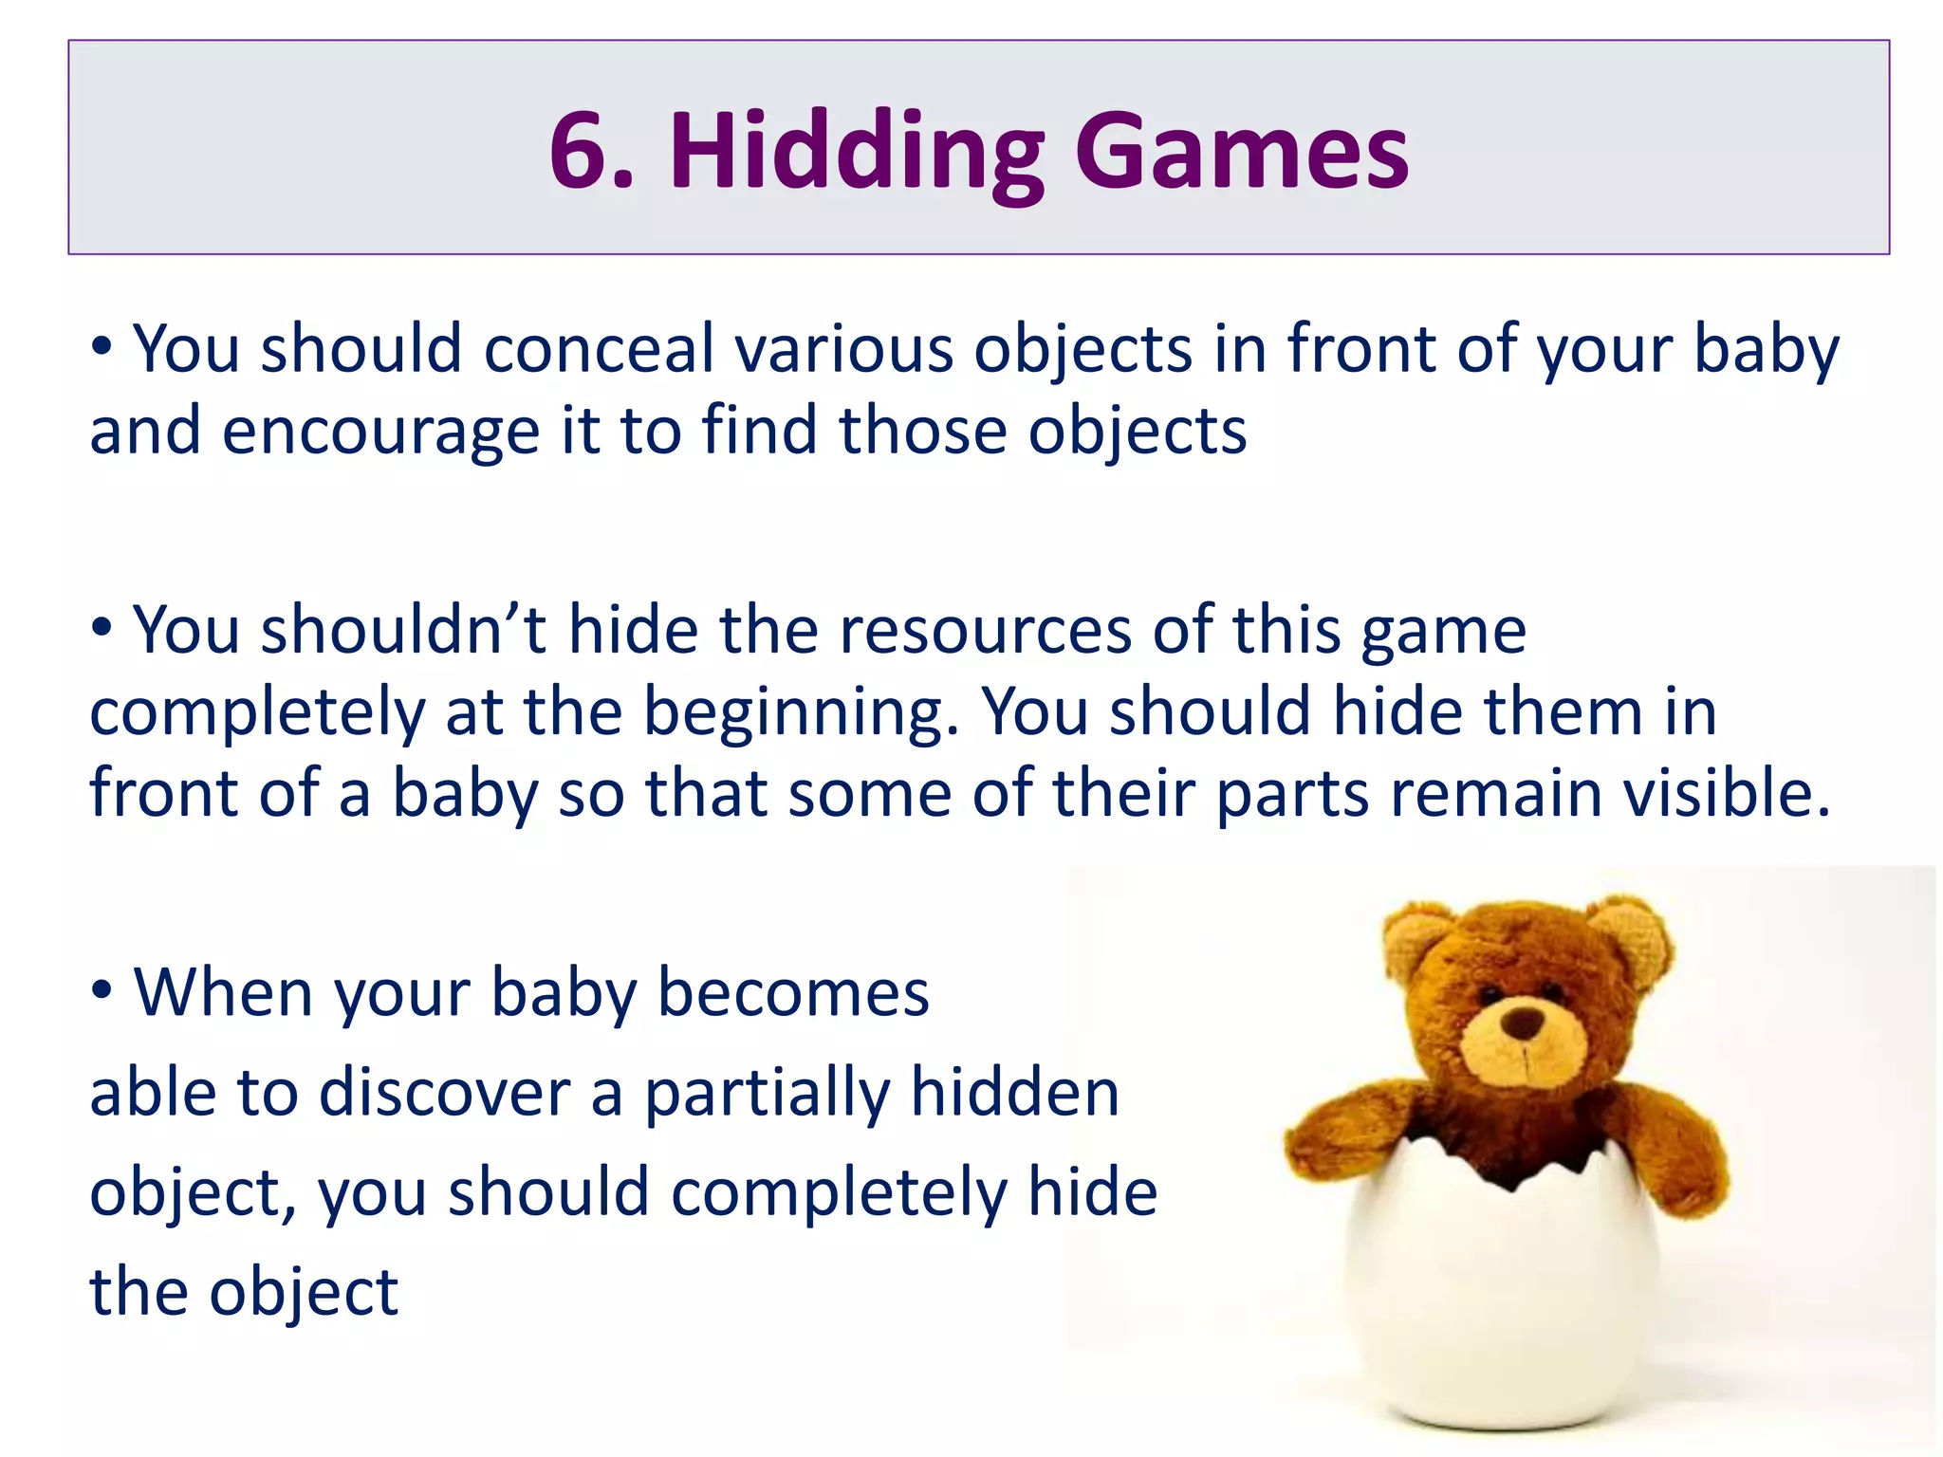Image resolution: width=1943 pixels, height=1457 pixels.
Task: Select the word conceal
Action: click(598, 349)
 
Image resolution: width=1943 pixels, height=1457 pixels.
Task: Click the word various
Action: click(843, 349)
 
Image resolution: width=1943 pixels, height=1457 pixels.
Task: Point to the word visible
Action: click(1726, 793)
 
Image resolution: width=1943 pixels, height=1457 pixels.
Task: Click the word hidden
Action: click(1014, 1093)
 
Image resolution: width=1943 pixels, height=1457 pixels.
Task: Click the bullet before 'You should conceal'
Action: click(102, 347)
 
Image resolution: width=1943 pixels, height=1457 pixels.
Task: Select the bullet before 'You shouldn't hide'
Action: click(102, 627)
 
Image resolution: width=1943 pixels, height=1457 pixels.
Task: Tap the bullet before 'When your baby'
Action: click(102, 991)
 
